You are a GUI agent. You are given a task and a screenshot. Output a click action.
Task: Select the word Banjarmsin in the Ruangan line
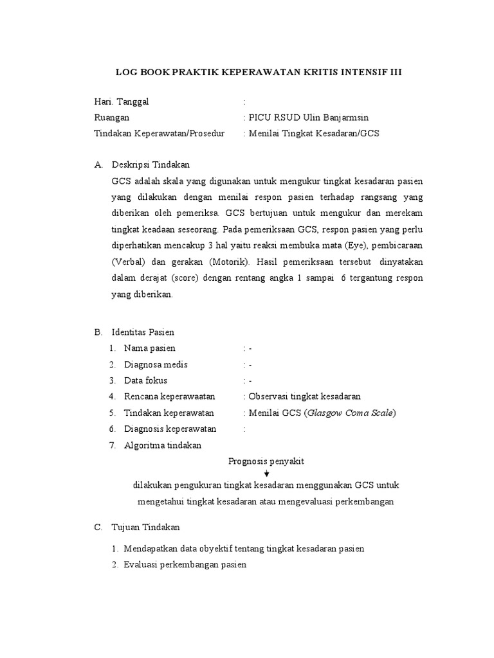pyautogui.click(x=340, y=118)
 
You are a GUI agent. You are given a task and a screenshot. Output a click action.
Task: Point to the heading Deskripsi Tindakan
pyautogui.click(x=151, y=165)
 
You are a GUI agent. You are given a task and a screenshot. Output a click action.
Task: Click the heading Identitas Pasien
pyautogui.click(x=143, y=332)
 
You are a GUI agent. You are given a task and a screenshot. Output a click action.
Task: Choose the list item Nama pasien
pyautogui.click(x=149, y=348)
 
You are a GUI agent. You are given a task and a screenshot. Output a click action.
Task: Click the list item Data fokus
pyautogui.click(x=145, y=380)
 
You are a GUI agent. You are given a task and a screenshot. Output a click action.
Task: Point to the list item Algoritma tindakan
pyautogui.click(x=163, y=445)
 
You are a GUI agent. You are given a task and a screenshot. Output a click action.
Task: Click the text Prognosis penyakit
pyautogui.click(x=266, y=461)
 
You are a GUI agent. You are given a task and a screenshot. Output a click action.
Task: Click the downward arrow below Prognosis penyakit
pyautogui.click(x=266, y=474)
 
